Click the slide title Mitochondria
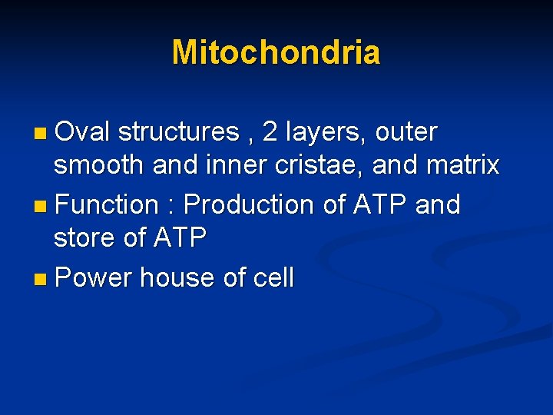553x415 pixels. (276, 52)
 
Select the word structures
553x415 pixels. (179, 132)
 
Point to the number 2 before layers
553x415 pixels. (270, 132)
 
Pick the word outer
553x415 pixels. (406, 133)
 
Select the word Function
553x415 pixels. (107, 204)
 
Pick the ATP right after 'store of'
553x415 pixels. (180, 237)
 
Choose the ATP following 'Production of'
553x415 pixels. (378, 204)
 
